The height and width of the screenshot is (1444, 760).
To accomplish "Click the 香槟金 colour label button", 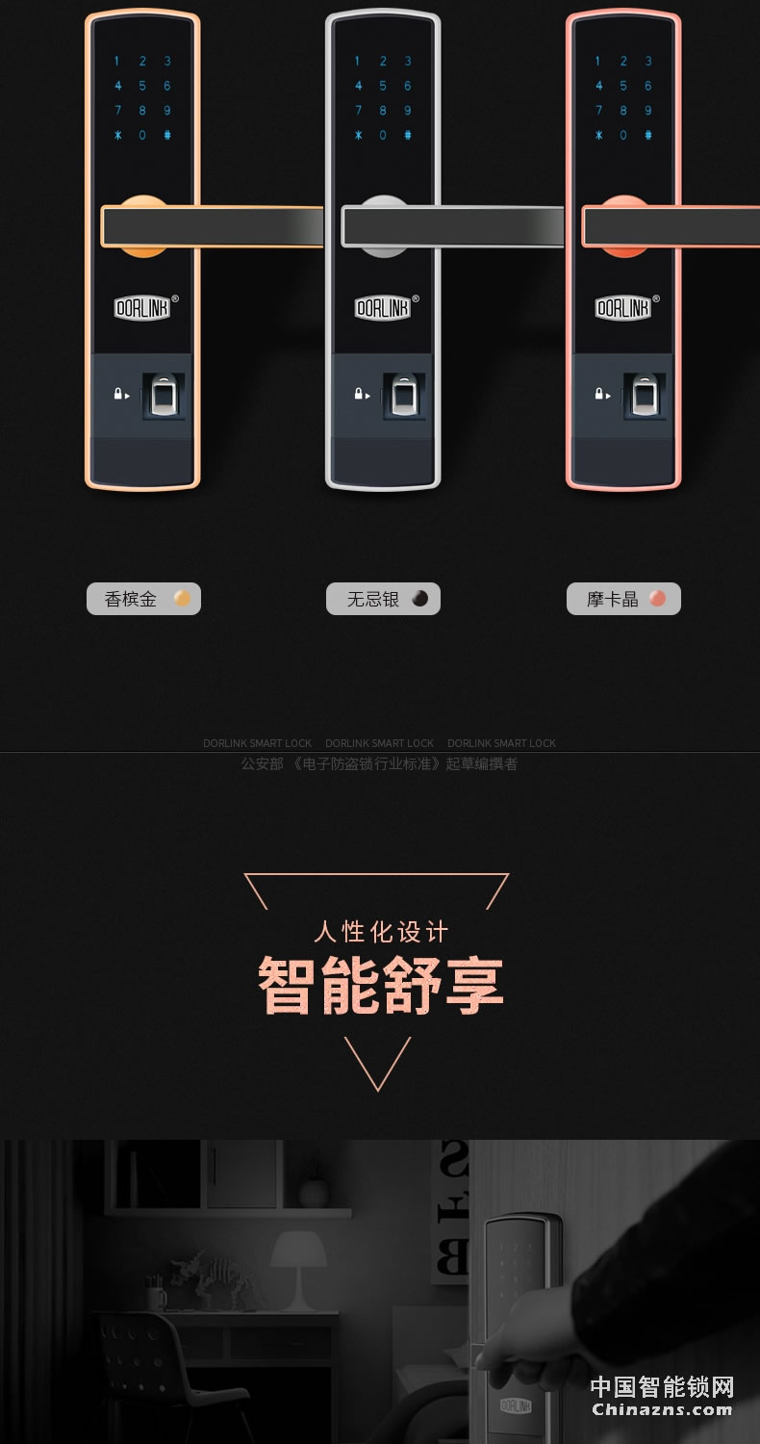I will pos(143,599).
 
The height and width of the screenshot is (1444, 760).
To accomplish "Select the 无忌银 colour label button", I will pos(383,599).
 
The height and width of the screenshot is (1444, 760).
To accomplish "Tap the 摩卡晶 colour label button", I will pos(623,599).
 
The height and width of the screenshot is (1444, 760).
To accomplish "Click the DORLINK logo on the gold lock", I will pos(142,308).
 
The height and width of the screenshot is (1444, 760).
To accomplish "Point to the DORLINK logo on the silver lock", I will pos(383,308).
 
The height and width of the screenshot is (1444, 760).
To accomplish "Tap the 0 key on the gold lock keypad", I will pos(142,136).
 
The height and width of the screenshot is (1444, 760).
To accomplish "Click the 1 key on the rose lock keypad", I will pos(598,62).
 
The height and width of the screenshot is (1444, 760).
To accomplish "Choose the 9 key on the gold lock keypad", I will pos(167,111).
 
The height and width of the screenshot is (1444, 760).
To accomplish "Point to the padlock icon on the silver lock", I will pos(358,394).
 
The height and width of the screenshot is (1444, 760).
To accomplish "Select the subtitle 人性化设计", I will pos(381,932).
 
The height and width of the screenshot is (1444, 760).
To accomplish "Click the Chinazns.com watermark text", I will pos(662,1409).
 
